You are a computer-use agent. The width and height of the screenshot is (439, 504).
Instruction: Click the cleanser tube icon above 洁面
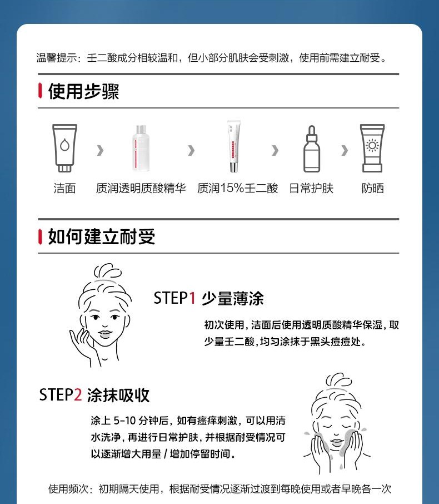(x=64, y=148)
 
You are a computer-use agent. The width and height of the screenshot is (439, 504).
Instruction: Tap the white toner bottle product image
(x=141, y=148)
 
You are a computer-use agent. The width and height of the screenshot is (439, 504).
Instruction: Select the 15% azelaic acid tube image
(x=234, y=146)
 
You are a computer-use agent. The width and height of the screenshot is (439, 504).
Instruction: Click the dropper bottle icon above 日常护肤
(x=312, y=149)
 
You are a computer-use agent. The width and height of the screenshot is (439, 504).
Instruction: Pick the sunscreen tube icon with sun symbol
(x=372, y=148)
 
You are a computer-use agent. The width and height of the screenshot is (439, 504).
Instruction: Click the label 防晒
(x=372, y=189)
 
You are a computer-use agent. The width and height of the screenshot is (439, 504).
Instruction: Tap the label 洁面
(x=64, y=189)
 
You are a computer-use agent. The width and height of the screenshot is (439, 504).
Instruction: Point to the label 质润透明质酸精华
(x=141, y=189)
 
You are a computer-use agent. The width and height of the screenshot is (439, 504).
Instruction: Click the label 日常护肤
(x=311, y=189)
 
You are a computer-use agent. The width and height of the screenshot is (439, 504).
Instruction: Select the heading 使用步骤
(x=83, y=91)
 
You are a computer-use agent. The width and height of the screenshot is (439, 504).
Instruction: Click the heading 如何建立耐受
(x=102, y=237)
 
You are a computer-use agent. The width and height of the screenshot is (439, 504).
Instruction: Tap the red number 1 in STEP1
(x=192, y=298)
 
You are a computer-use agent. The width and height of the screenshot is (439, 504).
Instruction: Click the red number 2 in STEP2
(x=78, y=395)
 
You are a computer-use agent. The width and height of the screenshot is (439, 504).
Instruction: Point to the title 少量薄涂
(x=233, y=299)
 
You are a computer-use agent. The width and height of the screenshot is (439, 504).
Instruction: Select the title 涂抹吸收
(x=118, y=396)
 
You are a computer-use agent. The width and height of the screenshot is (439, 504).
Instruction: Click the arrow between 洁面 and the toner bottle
(x=100, y=150)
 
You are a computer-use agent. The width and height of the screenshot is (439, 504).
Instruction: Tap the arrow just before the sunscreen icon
(x=345, y=150)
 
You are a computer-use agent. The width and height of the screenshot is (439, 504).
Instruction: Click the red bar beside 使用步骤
(x=40, y=91)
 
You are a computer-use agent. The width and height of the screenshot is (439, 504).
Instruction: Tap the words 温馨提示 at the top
(x=56, y=58)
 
